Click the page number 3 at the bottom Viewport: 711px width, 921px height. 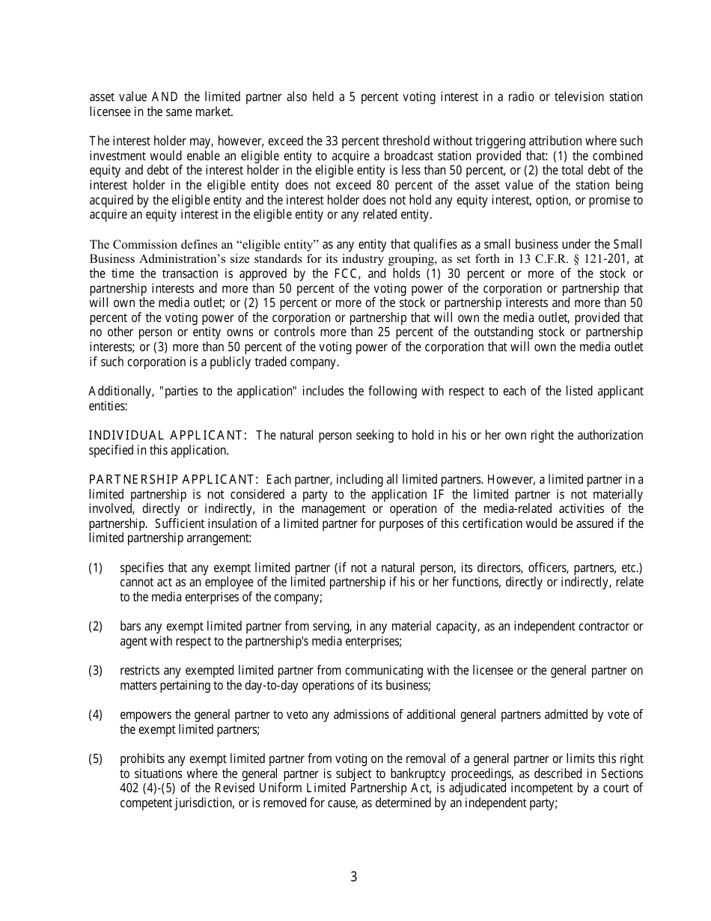[354, 877]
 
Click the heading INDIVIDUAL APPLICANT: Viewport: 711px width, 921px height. [168, 436]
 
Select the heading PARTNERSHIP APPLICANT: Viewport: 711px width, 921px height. [174, 479]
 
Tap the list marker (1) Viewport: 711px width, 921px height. [95, 568]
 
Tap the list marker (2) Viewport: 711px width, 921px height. [95, 626]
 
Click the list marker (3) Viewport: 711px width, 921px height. [95, 670]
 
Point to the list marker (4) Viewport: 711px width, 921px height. [95, 714]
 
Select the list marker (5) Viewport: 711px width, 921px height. [95, 759]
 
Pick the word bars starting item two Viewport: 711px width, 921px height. [131, 626]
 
